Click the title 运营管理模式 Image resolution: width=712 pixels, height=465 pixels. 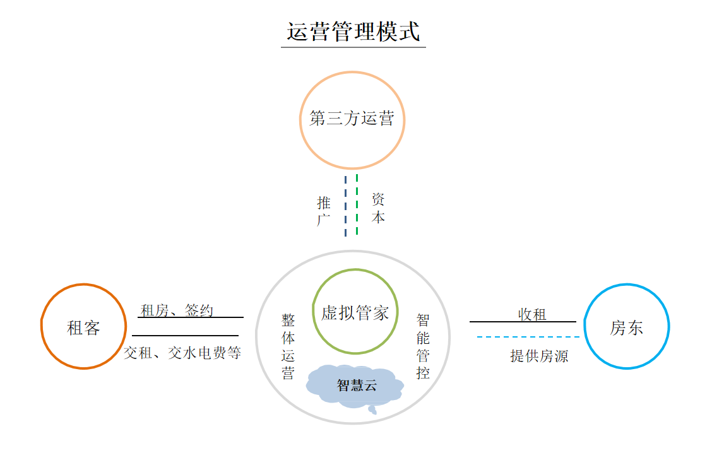pyautogui.click(x=353, y=31)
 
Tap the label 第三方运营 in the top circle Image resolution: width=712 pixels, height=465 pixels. pyautogui.click(x=352, y=119)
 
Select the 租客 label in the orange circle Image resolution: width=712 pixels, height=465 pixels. pyautogui.click(x=83, y=327)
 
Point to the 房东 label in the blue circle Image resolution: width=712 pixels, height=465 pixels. pyautogui.click(x=626, y=327)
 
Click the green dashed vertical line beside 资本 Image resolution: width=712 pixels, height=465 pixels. pyautogui.click(x=357, y=205)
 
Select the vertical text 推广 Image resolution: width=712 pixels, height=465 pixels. pyautogui.click(x=324, y=211)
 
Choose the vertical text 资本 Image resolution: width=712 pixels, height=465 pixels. pyautogui.click(x=378, y=208)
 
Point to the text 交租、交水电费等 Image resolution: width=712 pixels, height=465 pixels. pyautogui.click(x=182, y=353)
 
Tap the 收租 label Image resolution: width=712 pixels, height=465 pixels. pyautogui.click(x=532, y=314)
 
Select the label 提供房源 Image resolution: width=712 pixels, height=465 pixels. pyautogui.click(x=539, y=356)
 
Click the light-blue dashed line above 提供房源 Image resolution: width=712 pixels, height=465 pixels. pyautogui.click(x=528, y=337)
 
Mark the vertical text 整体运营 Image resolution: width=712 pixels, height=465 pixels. pyautogui.click(x=288, y=346)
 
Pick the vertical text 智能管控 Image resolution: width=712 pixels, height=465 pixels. pyautogui.click(x=423, y=346)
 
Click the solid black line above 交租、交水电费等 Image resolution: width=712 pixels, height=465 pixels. pyautogui.click(x=185, y=336)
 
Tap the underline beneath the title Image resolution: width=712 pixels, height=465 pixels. pyautogui.click(x=353, y=47)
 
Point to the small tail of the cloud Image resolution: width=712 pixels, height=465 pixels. pyautogui.click(x=372, y=410)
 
